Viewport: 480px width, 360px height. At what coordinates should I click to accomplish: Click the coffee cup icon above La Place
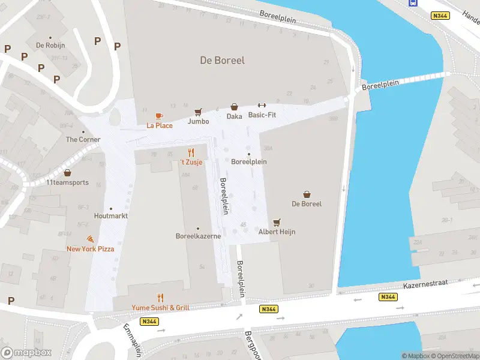click(x=159, y=116)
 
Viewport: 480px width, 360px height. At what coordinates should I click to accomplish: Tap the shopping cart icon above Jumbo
click(x=198, y=112)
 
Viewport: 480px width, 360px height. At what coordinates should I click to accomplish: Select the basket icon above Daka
click(x=234, y=107)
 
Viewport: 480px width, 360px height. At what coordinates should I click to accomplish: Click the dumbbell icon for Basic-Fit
click(x=262, y=106)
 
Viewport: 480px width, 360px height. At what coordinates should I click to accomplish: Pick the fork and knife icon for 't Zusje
click(x=191, y=152)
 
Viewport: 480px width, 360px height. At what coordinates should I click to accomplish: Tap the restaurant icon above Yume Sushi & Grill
click(x=160, y=298)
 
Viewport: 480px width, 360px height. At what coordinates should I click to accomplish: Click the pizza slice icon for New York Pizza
click(x=90, y=239)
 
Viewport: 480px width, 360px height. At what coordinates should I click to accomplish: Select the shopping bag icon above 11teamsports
click(x=67, y=173)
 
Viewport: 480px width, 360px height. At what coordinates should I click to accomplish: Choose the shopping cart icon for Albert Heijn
click(x=277, y=222)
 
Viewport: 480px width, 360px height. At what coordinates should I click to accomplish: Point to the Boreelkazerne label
click(x=198, y=236)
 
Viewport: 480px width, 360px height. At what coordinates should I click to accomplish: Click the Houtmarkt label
click(x=110, y=215)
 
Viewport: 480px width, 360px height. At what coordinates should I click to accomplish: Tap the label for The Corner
click(x=83, y=139)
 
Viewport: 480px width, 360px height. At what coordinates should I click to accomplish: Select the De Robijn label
click(x=50, y=45)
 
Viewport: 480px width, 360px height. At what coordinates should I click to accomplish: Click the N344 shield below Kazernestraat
click(x=388, y=297)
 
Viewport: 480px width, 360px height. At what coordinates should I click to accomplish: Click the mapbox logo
click(x=26, y=352)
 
